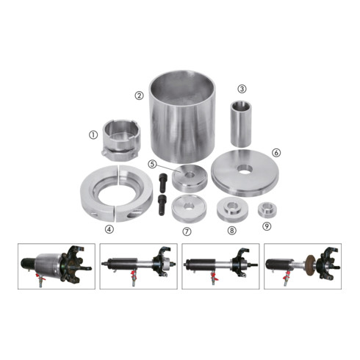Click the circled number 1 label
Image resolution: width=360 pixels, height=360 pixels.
[x=93, y=134]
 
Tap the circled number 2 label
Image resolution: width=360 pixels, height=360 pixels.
[x=140, y=96]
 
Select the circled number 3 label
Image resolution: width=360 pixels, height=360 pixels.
[x=242, y=89]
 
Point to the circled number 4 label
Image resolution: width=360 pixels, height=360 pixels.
[x=109, y=229]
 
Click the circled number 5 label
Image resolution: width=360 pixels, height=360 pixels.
[x=152, y=164]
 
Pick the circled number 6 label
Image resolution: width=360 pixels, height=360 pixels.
[x=276, y=153]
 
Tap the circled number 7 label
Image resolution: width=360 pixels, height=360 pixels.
[x=187, y=231]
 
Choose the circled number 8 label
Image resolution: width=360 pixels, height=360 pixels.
[x=231, y=230]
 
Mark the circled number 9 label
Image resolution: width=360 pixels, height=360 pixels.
[x=267, y=226]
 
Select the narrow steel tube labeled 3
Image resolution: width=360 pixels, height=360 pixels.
[x=241, y=123]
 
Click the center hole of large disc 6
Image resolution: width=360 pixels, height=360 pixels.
[x=245, y=169]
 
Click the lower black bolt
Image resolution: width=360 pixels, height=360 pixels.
[x=162, y=205]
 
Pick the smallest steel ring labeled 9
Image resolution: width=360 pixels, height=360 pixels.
[x=267, y=209]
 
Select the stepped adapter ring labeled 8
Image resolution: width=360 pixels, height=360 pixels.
[x=232, y=209]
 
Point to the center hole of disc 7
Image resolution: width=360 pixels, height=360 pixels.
[x=189, y=206]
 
